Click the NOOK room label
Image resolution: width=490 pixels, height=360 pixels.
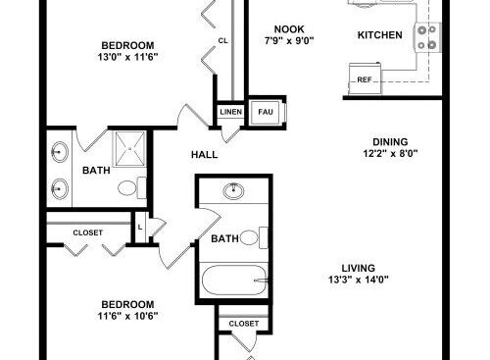[x=289, y=29]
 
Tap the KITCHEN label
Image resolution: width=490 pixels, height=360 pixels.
[x=380, y=35]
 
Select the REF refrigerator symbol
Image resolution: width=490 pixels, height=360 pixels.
[x=365, y=78]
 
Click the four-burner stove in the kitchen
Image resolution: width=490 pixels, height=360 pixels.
[x=428, y=37]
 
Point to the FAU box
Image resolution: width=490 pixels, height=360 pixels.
[x=266, y=113]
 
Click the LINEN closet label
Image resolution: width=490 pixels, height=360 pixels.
[x=231, y=112]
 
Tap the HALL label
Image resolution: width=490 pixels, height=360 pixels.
[x=205, y=155]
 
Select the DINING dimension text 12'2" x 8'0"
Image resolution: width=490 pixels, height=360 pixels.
[x=391, y=153]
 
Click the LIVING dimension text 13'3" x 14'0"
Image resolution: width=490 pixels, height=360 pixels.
[x=359, y=280]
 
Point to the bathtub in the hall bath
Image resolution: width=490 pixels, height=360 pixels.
[x=234, y=281]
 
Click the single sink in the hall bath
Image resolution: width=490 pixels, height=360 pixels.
[x=234, y=191]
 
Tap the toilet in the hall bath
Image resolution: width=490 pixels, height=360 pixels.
[x=254, y=237]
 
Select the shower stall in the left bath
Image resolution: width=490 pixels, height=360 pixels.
[x=129, y=149]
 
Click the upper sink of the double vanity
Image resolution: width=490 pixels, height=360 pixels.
[x=59, y=152]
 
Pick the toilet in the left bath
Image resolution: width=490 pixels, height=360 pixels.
[x=132, y=187]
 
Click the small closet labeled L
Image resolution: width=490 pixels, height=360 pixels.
[x=140, y=228]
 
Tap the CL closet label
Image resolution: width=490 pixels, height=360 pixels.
[x=222, y=41]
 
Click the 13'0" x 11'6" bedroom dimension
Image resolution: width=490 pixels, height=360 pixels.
[x=127, y=57]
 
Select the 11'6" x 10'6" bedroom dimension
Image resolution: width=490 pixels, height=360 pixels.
[x=127, y=316]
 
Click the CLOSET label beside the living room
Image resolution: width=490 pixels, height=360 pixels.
[x=244, y=324]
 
